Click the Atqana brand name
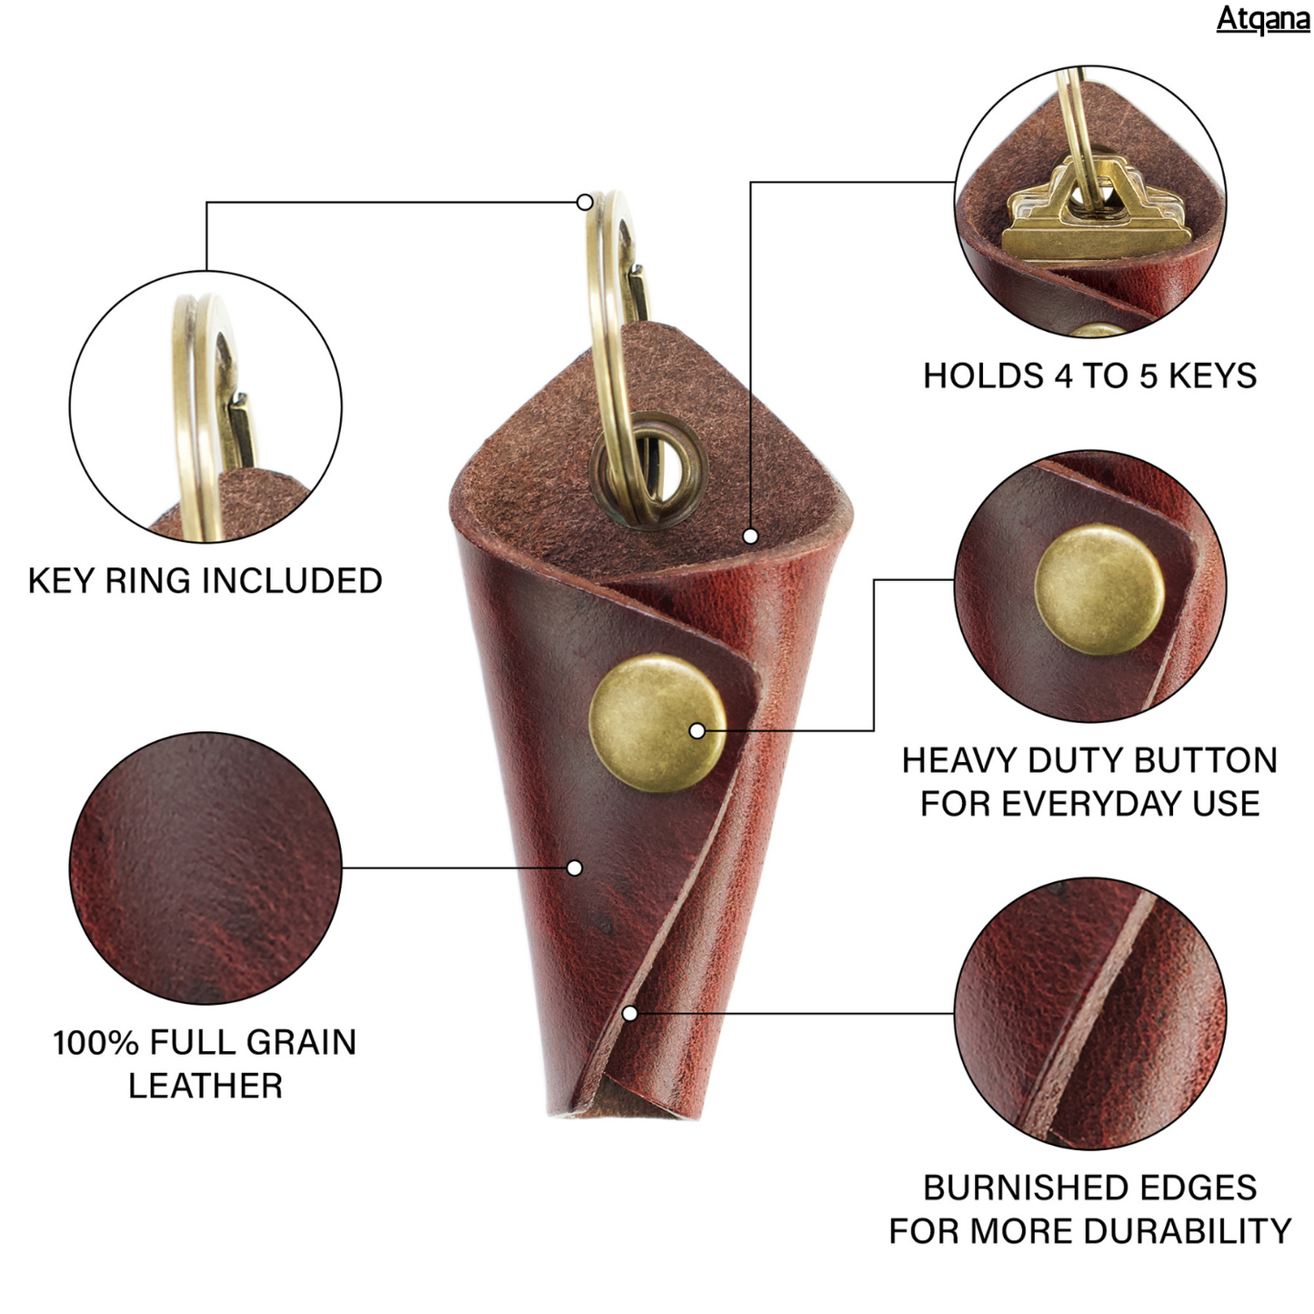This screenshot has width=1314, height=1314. coord(1262,18)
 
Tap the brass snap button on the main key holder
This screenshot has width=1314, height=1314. coord(657,722)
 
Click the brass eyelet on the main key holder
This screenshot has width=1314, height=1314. coord(647,468)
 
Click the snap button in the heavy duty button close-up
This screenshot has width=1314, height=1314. coord(1098,589)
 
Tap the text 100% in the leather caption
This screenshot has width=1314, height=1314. coord(95,1043)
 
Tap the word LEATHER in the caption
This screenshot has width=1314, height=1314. coord(206,1086)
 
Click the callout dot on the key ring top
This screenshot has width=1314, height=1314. coord(585,202)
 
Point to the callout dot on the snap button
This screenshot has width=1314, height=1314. coord(697,730)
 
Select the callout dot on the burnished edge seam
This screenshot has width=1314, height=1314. coord(629,1013)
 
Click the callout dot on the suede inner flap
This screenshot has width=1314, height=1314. coord(750,537)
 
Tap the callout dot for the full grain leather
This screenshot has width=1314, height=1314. coord(574,868)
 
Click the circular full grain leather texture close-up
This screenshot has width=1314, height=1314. coord(206,868)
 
